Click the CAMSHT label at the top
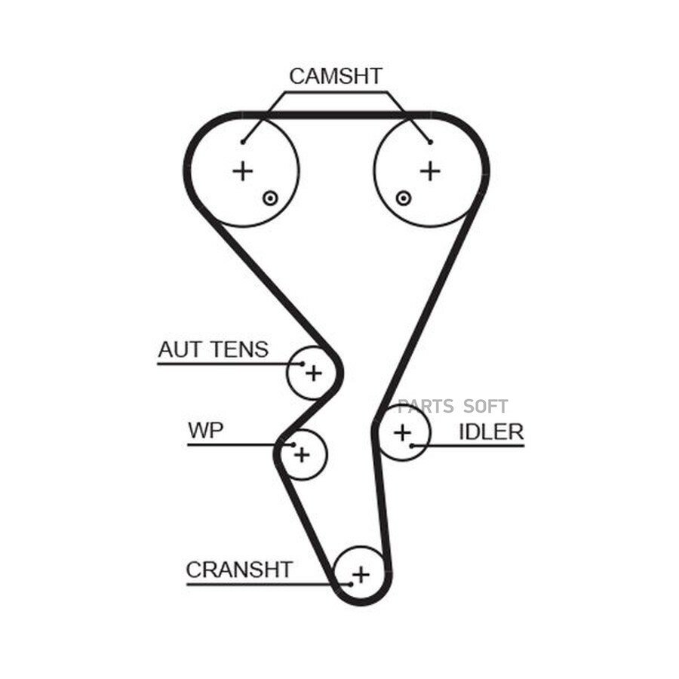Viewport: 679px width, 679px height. pyautogui.click(x=336, y=76)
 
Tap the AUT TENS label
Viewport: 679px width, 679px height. pyautogui.click(x=214, y=349)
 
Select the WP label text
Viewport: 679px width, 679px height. pyautogui.click(x=206, y=430)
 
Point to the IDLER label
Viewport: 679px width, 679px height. pyautogui.click(x=491, y=432)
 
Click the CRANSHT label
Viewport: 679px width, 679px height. pyautogui.click(x=239, y=570)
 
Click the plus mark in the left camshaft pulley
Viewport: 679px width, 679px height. pyautogui.click(x=243, y=171)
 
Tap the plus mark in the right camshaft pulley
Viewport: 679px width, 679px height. pyautogui.click(x=431, y=171)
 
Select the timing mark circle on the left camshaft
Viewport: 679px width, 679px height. pyautogui.click(x=270, y=198)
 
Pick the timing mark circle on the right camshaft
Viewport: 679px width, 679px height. pyautogui.click(x=403, y=198)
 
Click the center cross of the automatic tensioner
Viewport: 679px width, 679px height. pyautogui.click(x=314, y=373)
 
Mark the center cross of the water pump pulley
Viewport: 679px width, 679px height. pyautogui.click(x=303, y=455)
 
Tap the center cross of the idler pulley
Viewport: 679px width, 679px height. pyautogui.click(x=403, y=432)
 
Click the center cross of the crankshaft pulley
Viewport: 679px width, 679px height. pyautogui.click(x=361, y=575)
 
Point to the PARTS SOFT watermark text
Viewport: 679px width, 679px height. pyautogui.click(x=453, y=407)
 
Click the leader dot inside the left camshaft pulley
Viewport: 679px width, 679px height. pyautogui.click(x=243, y=142)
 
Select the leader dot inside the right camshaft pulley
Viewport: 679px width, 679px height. pyautogui.click(x=431, y=142)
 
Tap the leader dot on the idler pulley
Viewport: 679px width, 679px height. pyautogui.click(x=412, y=446)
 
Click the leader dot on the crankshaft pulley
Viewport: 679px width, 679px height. pyautogui.click(x=351, y=585)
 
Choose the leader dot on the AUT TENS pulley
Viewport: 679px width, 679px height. pyautogui.click(x=303, y=364)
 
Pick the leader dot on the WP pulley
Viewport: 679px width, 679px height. pyautogui.click(x=293, y=444)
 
